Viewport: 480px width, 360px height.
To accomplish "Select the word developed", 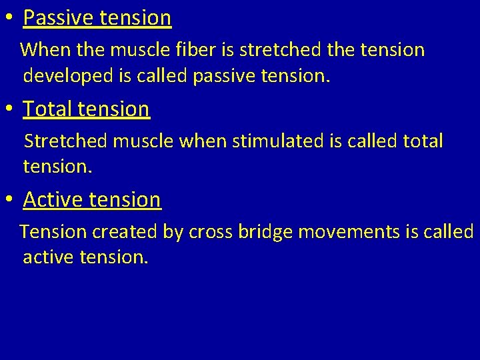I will pyautogui.click(x=68, y=76).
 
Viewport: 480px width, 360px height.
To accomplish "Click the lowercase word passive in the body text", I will pyautogui.click(x=224, y=76).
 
